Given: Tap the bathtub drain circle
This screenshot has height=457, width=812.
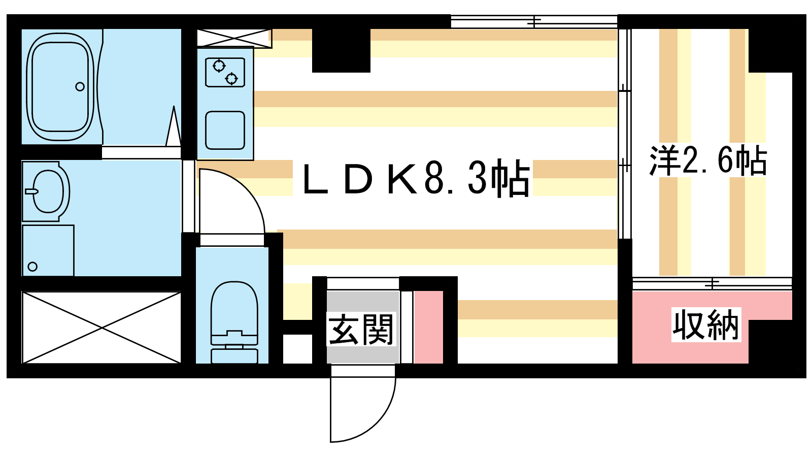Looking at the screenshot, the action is pos(80,87).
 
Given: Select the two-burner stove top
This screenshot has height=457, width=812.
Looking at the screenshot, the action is pos(225,72).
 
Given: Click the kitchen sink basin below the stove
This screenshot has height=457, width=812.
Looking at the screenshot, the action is pos(225,130).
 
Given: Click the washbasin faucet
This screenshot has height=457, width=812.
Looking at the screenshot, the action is pos(32,191).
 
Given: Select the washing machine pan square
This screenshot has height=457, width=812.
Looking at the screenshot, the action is pos(48,250).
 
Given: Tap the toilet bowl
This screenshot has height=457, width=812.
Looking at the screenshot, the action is pos(234,308).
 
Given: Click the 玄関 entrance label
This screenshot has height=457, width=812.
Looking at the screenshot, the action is pos(361,330).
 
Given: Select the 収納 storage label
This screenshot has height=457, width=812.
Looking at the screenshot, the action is pos(706,324).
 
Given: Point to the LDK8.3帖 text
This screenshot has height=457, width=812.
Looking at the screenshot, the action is pos(416,178).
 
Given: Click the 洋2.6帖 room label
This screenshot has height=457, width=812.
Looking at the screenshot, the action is pos(708,160).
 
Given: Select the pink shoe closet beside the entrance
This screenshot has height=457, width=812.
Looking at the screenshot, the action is pos(428,327).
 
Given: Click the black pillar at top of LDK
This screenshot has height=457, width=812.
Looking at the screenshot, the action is pos(341,50).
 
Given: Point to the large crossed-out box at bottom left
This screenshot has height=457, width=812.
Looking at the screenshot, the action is pos(101,327).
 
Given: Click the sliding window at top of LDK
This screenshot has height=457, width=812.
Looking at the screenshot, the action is pos(534,22).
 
